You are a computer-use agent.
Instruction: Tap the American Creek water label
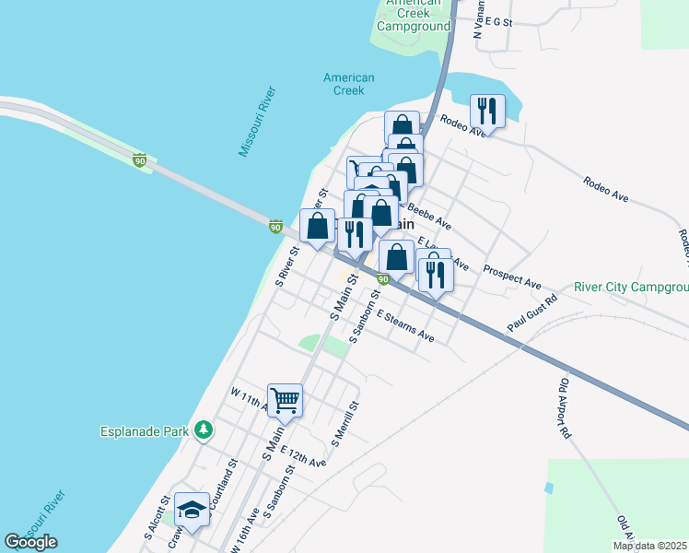[348, 84]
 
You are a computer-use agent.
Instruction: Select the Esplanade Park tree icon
[204, 429]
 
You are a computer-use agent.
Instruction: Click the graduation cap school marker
[192, 510]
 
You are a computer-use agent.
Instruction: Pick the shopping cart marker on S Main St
[286, 400]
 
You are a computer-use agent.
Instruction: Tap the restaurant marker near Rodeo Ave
[486, 112]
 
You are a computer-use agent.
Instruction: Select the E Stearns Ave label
[404, 326]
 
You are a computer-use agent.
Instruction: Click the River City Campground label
[630, 288]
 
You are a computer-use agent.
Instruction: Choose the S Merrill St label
[344, 424]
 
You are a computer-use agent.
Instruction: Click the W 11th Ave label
[247, 398]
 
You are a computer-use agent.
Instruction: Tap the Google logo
[30, 542]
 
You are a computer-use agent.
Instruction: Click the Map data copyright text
[650, 546]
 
